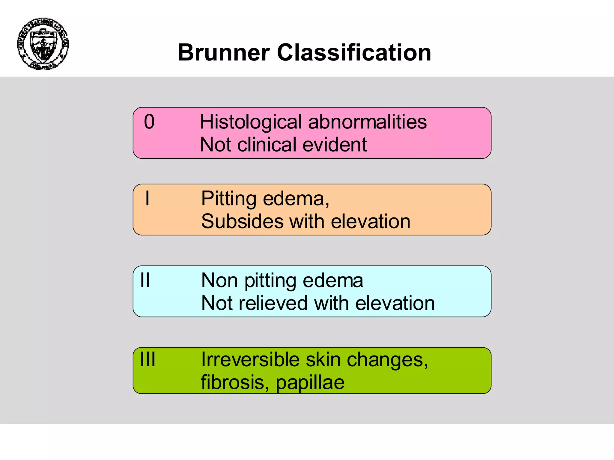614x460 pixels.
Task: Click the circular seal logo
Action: tap(43, 44)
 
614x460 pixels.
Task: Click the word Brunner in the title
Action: tap(224, 52)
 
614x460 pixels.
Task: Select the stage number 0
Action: tap(149, 122)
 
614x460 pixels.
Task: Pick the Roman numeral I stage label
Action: tap(147, 198)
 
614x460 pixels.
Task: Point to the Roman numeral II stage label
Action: tap(145, 280)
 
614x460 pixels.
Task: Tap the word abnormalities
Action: tap(367, 122)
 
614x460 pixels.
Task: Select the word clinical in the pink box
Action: tap(267, 145)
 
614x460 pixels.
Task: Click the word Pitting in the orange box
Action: tap(229, 199)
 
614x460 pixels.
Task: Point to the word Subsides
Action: tap(242, 221)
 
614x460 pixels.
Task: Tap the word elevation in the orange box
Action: tap(371, 221)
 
